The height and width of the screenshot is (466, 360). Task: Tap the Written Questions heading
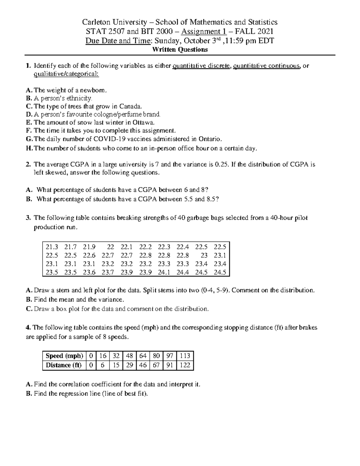(180, 50)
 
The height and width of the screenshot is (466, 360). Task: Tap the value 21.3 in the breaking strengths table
(52, 247)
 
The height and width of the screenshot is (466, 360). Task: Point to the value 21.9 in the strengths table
(89, 247)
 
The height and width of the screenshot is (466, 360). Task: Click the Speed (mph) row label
(64, 356)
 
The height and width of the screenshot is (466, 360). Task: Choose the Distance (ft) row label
(64, 365)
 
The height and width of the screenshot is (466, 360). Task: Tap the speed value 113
(185, 356)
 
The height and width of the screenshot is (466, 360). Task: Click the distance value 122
(185, 365)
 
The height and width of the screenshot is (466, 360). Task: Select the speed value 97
(169, 356)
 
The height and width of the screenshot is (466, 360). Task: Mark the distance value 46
(143, 365)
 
